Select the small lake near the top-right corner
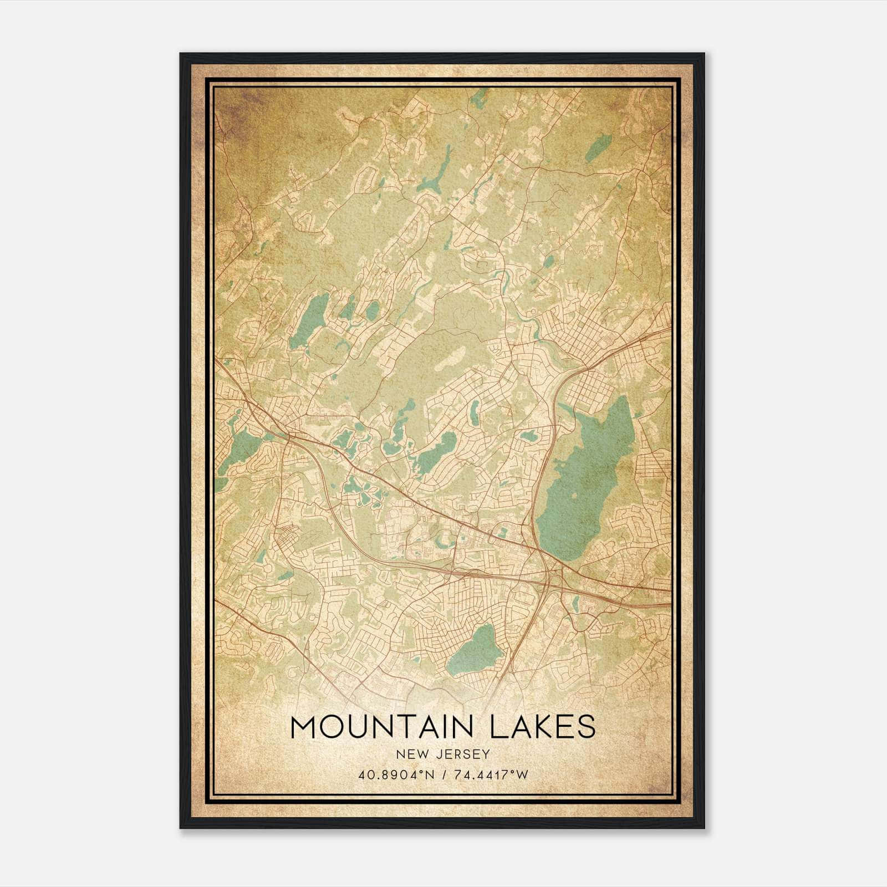[598, 146]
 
